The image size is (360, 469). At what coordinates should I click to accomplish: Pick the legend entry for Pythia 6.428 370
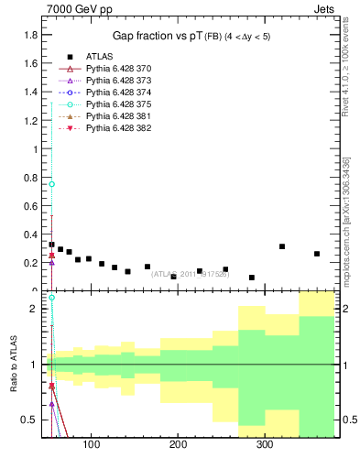coord(118,69)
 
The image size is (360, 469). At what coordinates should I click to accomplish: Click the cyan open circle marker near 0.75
coord(52,184)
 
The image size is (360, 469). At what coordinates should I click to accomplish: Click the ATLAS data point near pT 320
coord(282,246)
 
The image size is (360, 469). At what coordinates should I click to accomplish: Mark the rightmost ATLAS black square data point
coord(317,254)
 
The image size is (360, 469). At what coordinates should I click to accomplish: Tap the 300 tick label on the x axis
coord(264,446)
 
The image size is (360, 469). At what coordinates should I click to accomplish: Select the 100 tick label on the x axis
coord(91,446)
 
